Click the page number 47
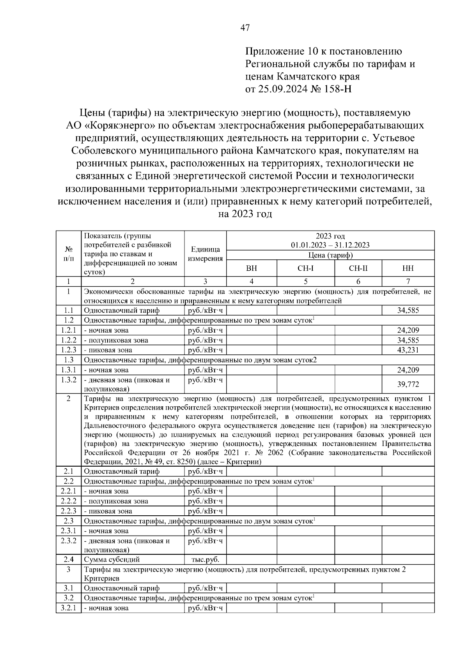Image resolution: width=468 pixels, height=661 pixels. [x=245, y=28]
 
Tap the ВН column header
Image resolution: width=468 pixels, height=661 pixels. [x=252, y=268]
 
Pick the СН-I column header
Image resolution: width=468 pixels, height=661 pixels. [x=306, y=268]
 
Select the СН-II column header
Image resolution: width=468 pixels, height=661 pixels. [x=358, y=268]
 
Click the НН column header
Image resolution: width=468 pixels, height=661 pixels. [x=408, y=268]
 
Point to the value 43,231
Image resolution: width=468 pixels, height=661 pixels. [x=408, y=350]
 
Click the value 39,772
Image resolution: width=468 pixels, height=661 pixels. [x=408, y=384]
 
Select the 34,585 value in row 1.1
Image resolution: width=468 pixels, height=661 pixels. [x=408, y=310]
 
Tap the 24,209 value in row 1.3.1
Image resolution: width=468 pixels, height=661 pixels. [x=408, y=370]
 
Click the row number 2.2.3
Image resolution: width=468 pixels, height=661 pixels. [x=68, y=511]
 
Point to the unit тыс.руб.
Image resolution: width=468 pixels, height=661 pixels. [x=205, y=560]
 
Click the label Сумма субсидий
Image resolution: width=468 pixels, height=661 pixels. [x=112, y=560]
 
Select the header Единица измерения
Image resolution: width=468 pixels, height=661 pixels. [x=205, y=254]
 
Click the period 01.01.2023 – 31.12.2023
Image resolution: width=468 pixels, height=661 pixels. [x=330, y=245]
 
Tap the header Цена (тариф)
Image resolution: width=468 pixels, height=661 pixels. [x=330, y=256]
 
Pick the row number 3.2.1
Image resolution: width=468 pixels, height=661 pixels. [x=68, y=608]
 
